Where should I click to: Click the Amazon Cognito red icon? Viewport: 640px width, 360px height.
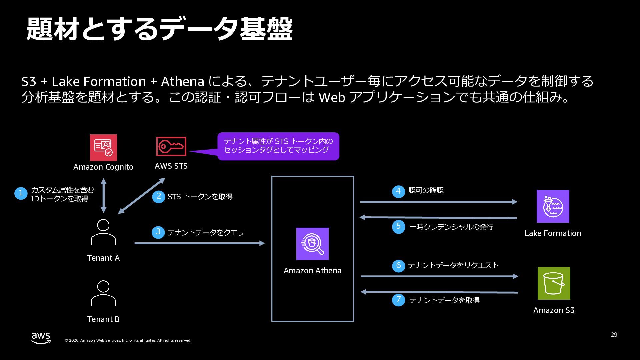click(x=103, y=147)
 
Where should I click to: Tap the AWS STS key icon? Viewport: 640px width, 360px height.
click(x=171, y=146)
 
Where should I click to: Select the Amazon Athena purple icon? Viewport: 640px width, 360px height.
click(x=312, y=244)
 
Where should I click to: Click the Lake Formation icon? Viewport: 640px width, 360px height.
click(x=553, y=206)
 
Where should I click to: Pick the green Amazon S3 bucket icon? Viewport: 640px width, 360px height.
click(x=554, y=283)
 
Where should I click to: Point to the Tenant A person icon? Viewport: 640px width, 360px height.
click(x=103, y=232)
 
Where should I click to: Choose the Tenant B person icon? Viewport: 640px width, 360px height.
click(x=103, y=293)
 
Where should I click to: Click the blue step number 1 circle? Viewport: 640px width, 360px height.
click(x=21, y=193)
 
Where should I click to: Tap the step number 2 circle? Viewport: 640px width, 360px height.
click(x=159, y=196)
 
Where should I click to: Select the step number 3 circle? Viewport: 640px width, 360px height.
click(x=158, y=232)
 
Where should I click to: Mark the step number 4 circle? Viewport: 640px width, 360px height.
click(x=398, y=191)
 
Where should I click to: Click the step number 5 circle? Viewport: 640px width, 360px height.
click(x=398, y=227)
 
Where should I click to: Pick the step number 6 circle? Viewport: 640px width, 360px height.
click(x=398, y=266)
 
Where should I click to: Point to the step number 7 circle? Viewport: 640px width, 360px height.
click(x=398, y=300)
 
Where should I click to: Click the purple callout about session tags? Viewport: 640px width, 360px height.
click(x=278, y=146)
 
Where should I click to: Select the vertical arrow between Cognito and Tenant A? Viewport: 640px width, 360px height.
click(x=103, y=195)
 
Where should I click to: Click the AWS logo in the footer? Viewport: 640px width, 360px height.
click(x=41, y=338)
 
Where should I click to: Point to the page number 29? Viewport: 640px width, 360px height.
click(x=614, y=335)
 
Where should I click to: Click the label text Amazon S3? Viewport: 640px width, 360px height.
click(x=554, y=310)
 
